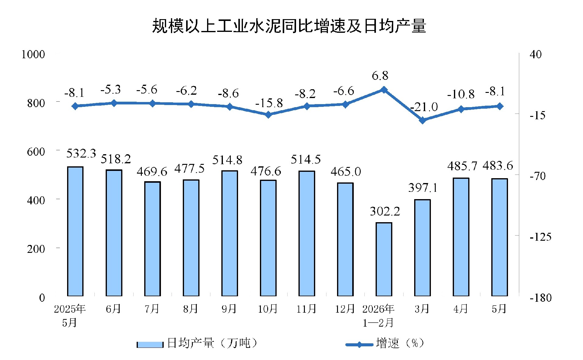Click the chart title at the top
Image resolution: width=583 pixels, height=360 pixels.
pos(289,25)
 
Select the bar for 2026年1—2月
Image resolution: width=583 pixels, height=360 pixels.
pos(384,259)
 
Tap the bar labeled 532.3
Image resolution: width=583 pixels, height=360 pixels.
pos(75,231)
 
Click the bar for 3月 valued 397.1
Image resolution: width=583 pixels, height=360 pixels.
pos(422,247)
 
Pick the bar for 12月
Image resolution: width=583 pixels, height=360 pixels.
pos(345,239)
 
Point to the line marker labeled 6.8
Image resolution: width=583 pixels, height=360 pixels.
pos(384,90)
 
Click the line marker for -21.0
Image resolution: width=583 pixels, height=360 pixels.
pos(422,121)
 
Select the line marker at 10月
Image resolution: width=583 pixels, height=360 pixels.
pos(268,115)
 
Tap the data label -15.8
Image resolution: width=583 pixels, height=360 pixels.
pos(269,103)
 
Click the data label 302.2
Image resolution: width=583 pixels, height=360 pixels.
pos(385,211)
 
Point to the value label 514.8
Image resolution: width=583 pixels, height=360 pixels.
pos(227,160)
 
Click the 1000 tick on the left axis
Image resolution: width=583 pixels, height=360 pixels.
pos(33,54)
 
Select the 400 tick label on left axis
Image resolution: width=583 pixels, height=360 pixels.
pos(36,200)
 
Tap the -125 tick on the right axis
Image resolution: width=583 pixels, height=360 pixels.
pos(540,237)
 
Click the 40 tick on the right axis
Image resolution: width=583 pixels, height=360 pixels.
pos(535,54)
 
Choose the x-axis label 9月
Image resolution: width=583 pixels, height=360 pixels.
pos(229,309)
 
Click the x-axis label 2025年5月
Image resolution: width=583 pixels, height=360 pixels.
pos(70,316)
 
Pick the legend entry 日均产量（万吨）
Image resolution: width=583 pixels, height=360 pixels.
pos(197,343)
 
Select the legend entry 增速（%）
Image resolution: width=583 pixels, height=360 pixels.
pos(385,343)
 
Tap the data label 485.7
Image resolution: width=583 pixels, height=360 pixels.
pos(462,166)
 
